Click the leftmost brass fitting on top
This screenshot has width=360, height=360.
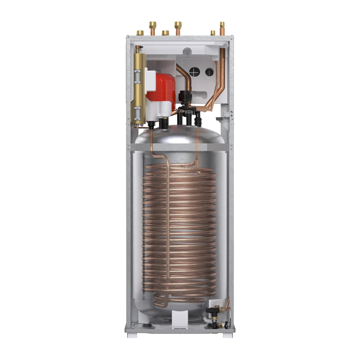point(140,33)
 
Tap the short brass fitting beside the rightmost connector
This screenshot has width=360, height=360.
point(213,33)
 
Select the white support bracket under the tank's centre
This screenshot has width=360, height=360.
point(180,319)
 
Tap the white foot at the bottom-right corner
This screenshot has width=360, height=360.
point(228,335)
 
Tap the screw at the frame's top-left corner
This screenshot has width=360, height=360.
point(128,37)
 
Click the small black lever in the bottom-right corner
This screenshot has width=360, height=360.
point(226,325)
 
